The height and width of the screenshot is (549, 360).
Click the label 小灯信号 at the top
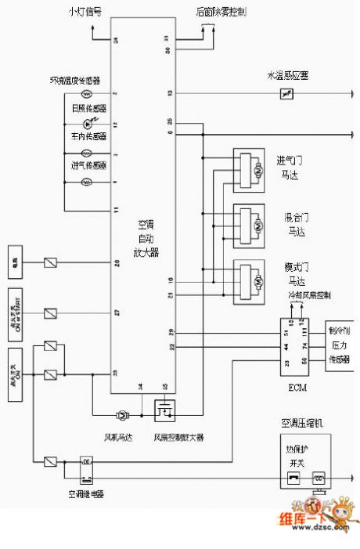pyautogui.click(x=85, y=13)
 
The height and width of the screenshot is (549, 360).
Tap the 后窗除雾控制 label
pyautogui.click(x=221, y=13)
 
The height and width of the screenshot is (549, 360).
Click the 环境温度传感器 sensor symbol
pyautogui.click(x=88, y=94)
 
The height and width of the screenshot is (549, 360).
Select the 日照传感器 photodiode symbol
pyautogui.click(x=88, y=124)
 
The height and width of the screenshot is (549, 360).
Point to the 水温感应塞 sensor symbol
pyautogui.click(x=286, y=94)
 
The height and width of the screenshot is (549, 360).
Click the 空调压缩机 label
pyautogui.click(x=301, y=424)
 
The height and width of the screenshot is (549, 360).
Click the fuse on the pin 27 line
pyautogui.click(x=50, y=313)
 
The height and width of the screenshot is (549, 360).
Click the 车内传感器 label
pyautogui.click(x=88, y=137)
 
